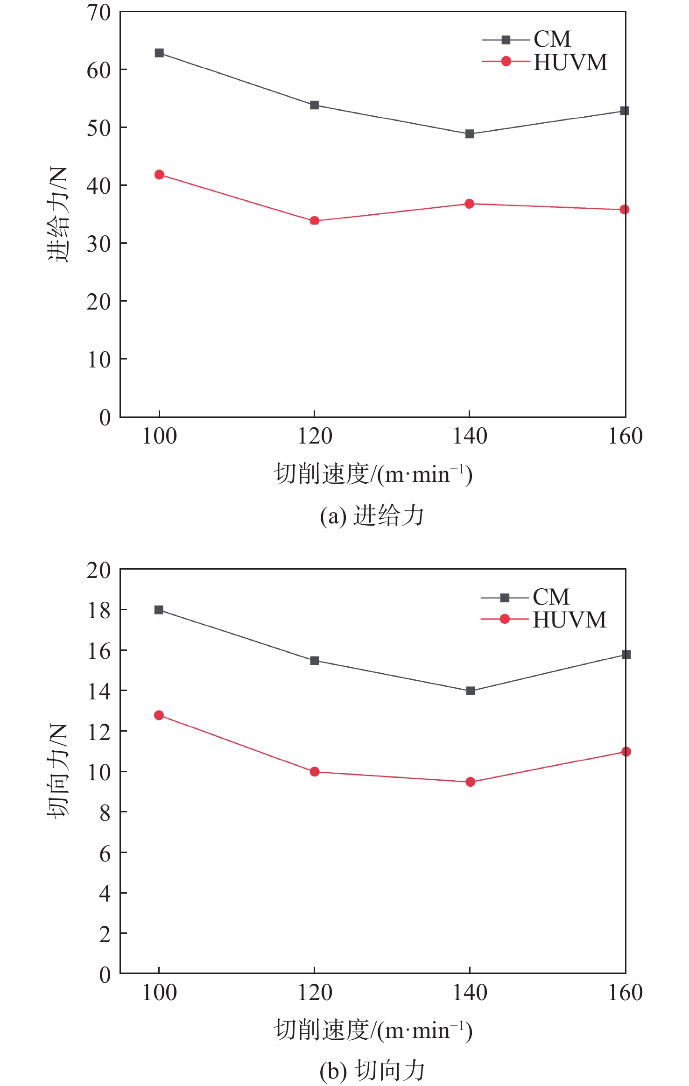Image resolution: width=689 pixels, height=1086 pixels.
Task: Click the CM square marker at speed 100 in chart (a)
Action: [159, 53]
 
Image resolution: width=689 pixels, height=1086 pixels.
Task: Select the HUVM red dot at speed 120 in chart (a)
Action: [315, 220]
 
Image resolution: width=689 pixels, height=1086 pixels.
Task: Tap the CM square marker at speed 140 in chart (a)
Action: [470, 134]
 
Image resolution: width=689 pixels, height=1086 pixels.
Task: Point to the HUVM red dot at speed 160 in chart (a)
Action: [625, 210]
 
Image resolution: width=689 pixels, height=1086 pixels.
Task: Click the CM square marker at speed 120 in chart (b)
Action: [315, 660]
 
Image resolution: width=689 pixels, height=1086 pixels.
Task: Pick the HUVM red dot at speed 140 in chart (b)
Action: [471, 782]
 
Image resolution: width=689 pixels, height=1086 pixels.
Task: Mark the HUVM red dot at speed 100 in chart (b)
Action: [159, 715]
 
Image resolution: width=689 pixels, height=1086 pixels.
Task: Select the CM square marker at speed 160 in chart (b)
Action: [626, 654]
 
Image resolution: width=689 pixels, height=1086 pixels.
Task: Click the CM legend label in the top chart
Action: [552, 39]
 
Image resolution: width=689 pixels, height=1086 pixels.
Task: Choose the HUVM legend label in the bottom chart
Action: [569, 620]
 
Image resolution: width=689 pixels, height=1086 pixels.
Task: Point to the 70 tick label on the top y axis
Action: [99, 13]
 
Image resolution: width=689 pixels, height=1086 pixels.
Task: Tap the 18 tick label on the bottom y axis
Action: [99, 610]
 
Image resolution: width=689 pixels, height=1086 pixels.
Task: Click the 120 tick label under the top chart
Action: [315, 437]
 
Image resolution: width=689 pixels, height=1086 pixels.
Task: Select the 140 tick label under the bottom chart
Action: [470, 993]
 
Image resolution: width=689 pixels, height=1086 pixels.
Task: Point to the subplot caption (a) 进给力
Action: [372, 516]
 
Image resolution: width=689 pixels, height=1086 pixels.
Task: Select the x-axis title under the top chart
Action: [373, 474]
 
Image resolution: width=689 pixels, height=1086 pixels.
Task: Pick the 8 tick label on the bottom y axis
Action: [105, 813]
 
